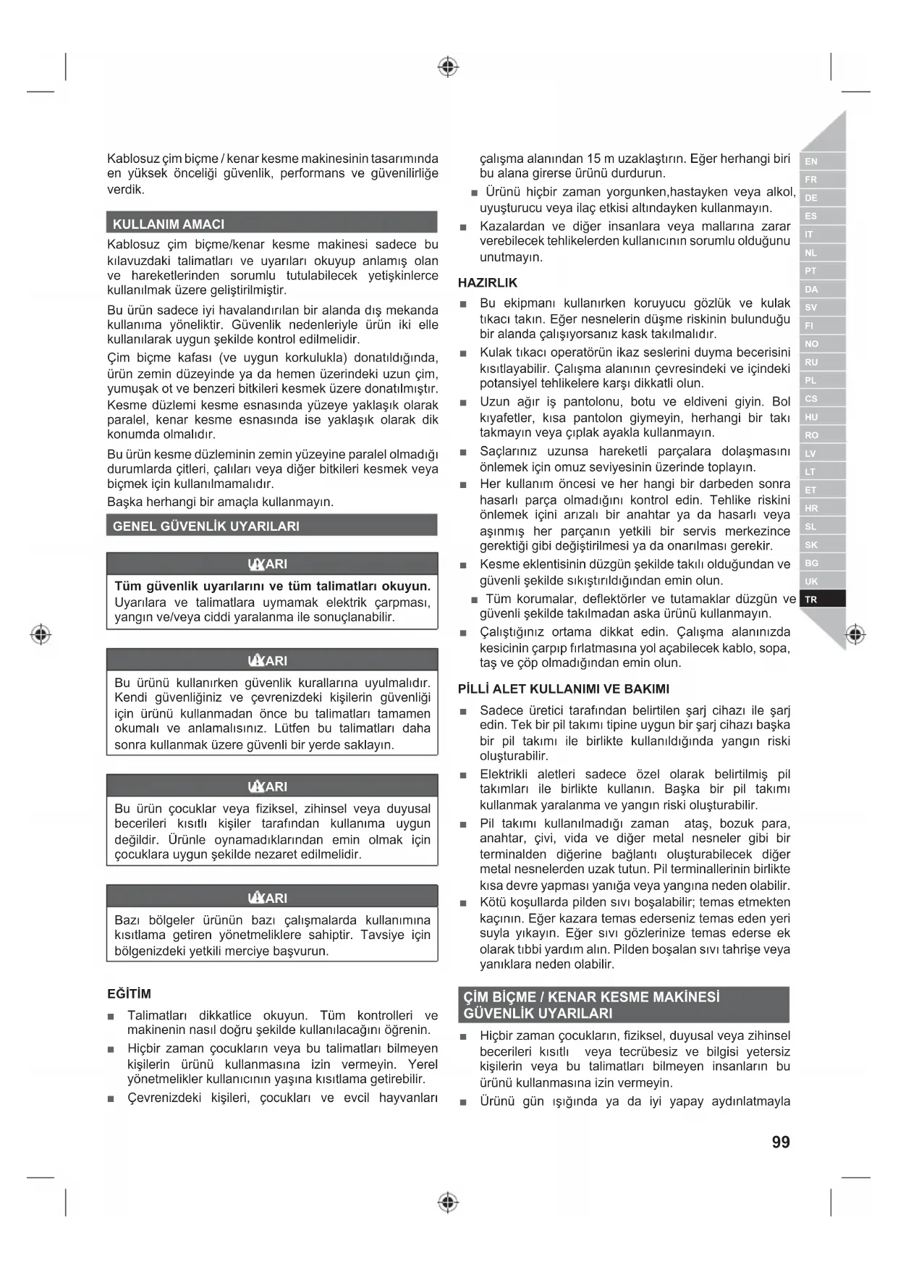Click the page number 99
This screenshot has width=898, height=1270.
point(781,1142)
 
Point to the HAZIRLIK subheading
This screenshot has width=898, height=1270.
point(488,283)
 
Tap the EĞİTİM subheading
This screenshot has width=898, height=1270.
point(129,994)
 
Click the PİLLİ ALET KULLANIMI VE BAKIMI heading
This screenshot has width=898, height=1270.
point(564,689)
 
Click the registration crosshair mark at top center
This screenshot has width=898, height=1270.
point(449,67)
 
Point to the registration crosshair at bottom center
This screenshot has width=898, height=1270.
point(449,1203)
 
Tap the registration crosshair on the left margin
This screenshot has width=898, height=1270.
point(41,634)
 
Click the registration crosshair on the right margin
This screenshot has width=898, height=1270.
point(855,634)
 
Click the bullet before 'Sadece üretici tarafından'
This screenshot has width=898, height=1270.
point(463,712)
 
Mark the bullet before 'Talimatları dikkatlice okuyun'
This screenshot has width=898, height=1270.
point(111,1017)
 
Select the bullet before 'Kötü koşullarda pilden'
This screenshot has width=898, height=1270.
point(463,904)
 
